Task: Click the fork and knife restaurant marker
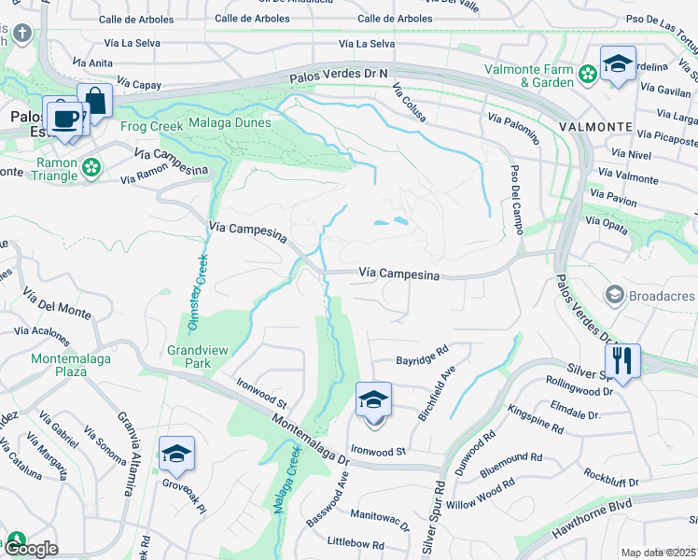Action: (x=622, y=359)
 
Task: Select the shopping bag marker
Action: (x=95, y=100)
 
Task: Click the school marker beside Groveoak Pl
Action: (x=176, y=454)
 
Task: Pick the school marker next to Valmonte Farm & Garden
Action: (x=617, y=64)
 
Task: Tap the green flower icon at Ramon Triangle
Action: (x=91, y=167)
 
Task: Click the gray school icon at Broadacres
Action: (x=615, y=296)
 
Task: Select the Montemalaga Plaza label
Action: (x=72, y=365)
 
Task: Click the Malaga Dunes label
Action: (x=230, y=122)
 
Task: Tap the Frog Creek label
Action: (x=151, y=126)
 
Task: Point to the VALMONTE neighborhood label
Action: (x=595, y=126)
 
